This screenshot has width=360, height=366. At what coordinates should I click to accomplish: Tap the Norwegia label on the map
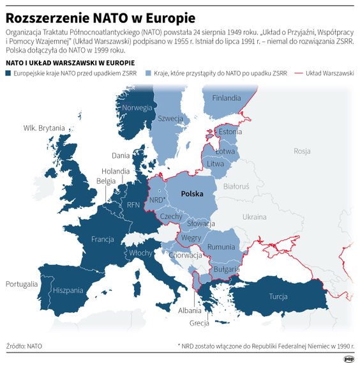coord(137,107)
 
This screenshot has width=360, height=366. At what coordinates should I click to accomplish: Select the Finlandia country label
coord(227,98)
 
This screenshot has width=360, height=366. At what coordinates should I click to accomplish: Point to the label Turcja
coord(278,296)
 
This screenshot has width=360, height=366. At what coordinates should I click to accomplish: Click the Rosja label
coord(302,151)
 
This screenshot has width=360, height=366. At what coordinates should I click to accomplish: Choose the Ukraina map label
coord(254,217)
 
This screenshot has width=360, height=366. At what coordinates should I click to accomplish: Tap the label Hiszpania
coord(68,289)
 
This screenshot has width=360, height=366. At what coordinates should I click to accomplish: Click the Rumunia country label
coord(221,247)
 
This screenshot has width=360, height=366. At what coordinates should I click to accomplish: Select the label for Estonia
coord(230,132)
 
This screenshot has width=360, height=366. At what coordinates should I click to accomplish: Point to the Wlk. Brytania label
coord(44,128)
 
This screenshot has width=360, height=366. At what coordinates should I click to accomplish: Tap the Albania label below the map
coord(190,310)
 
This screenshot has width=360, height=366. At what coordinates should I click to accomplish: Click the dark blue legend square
coord(8,73)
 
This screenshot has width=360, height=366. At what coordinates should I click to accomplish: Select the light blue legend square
coord(149,73)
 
